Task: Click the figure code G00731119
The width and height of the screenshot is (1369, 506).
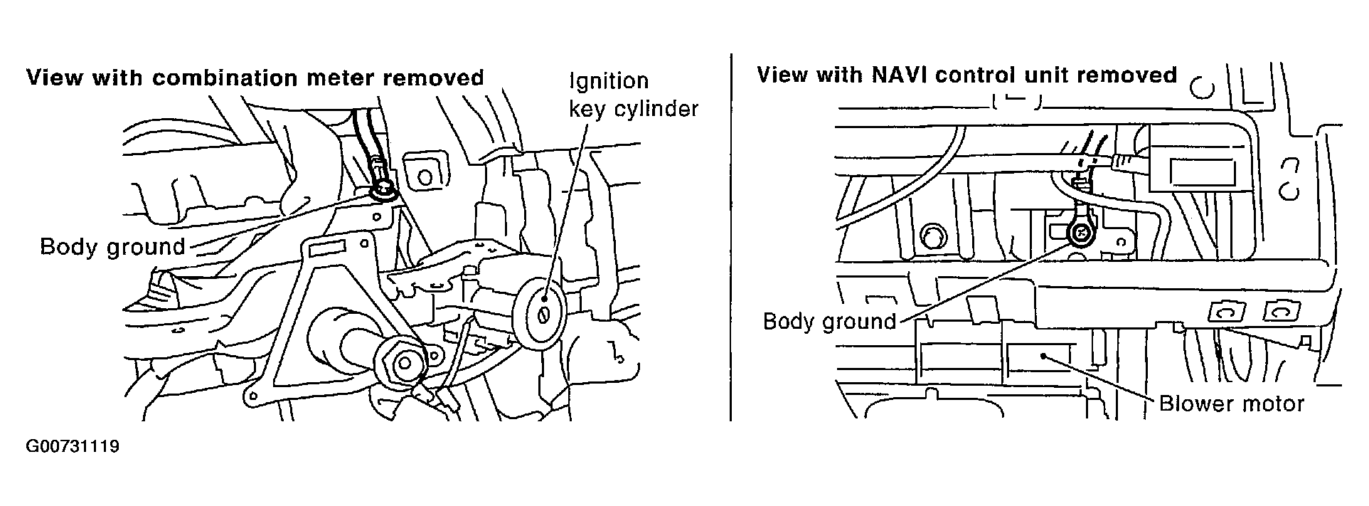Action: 72,447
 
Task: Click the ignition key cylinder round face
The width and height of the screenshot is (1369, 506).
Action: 543,314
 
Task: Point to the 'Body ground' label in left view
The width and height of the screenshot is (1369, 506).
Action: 112,248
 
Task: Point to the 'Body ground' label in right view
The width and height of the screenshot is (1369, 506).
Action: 829,322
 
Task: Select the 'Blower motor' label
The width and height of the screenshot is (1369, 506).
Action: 1232,404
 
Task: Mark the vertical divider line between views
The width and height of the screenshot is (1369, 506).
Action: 730,236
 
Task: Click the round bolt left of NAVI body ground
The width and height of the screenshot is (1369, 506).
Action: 932,233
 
